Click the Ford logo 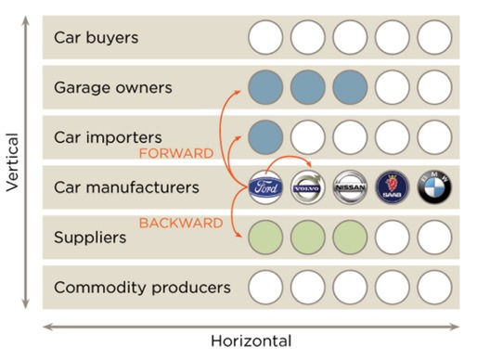(265, 187)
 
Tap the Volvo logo (308, 187)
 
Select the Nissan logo (350, 187)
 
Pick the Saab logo (393, 187)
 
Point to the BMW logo (434, 187)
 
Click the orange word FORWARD (176, 153)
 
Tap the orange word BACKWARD (181, 223)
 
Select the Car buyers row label (96, 38)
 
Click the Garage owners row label (113, 87)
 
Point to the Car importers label (108, 137)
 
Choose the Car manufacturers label (126, 187)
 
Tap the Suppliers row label (90, 238)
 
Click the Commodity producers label (142, 288)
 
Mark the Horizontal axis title (251, 341)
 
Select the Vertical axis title (13, 162)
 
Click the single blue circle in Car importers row (265, 137)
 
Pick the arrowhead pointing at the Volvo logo (308, 163)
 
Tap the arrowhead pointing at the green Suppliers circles (238, 235)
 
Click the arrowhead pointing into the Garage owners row (238, 92)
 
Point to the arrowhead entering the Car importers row (238, 138)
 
